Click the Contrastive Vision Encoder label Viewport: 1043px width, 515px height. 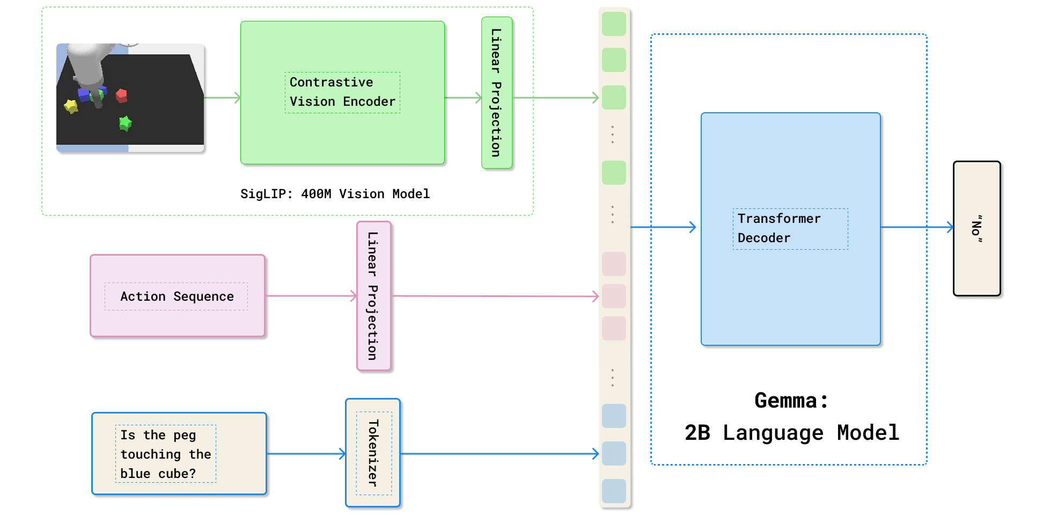[342, 92]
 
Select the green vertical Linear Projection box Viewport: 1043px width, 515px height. [497, 92]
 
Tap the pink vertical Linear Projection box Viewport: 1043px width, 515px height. [373, 296]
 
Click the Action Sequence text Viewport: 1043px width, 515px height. [177, 296]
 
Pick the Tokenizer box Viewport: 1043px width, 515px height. [373, 453]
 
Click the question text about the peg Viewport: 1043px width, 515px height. [165, 454]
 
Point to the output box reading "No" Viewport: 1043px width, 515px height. [976, 228]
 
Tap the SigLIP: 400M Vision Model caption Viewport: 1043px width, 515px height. [335, 194]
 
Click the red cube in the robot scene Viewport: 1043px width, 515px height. [122, 96]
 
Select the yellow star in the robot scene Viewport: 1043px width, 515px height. [71, 106]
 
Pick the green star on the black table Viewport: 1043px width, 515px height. [125, 124]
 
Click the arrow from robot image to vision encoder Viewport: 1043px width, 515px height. [222, 98]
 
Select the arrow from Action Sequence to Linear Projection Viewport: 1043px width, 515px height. [311, 296]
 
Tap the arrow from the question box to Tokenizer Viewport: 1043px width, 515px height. [306, 454]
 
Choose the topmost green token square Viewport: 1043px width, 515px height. [614, 24]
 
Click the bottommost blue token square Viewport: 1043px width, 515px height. [614, 491]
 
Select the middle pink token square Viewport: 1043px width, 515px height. [614, 296]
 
